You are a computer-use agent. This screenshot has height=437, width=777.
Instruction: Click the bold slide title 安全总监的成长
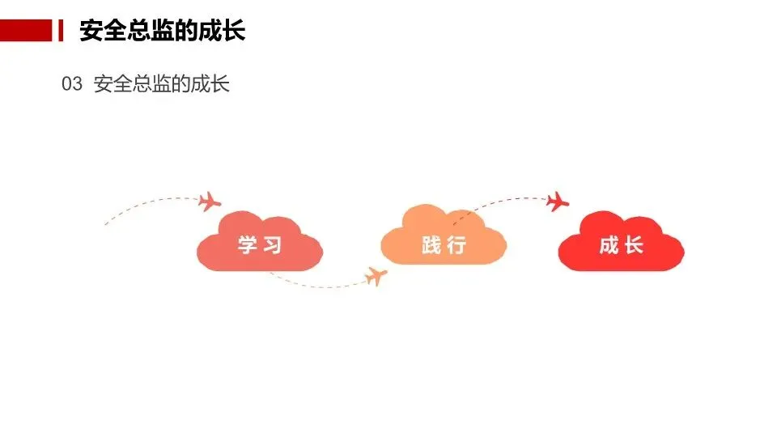click(162, 31)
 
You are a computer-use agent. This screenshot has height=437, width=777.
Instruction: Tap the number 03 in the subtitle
click(72, 84)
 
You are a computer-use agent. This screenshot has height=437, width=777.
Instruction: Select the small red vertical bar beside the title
click(61, 31)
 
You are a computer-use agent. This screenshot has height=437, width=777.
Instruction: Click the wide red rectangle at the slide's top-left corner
click(25, 31)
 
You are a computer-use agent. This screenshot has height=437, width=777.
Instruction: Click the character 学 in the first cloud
click(248, 245)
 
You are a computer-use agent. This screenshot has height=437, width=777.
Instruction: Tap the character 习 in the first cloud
click(272, 245)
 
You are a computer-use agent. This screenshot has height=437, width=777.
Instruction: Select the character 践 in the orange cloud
click(431, 245)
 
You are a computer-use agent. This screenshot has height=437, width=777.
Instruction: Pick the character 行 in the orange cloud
click(456, 245)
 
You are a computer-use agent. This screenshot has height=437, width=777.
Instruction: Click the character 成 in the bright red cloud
click(609, 245)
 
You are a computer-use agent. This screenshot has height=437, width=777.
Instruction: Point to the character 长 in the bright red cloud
click(634, 245)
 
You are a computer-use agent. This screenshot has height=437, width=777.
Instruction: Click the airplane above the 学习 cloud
click(210, 200)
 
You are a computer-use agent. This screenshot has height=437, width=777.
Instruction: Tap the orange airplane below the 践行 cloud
click(376, 277)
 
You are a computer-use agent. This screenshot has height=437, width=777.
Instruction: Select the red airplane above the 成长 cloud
click(557, 201)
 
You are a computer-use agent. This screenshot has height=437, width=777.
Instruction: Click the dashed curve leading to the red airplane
click(502, 200)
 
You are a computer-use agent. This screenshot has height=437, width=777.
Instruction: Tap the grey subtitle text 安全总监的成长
click(162, 84)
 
